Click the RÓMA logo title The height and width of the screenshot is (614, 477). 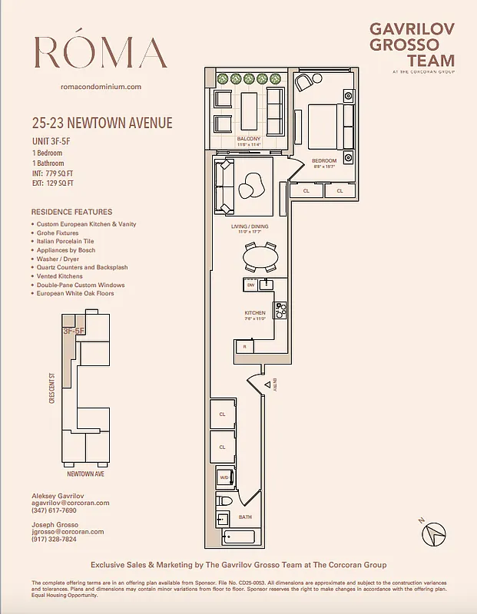pos(101,53)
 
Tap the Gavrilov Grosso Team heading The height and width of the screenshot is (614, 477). pos(412,45)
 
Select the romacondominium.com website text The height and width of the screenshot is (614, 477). pos(101,87)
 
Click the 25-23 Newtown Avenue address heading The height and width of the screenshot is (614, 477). pos(102,123)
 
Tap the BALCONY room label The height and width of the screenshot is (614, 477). pos(247,139)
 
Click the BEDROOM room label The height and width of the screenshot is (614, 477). pos(325,160)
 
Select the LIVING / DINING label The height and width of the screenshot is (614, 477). pos(250,227)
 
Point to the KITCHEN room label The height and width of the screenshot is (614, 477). pos(255,313)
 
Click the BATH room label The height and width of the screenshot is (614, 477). pos(244,517)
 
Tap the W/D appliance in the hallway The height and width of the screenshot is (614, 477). pos(224,477)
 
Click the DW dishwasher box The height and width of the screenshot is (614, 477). pos(250,285)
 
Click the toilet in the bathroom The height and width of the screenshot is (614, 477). pos(224,501)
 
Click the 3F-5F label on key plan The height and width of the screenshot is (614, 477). pos(74,332)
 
